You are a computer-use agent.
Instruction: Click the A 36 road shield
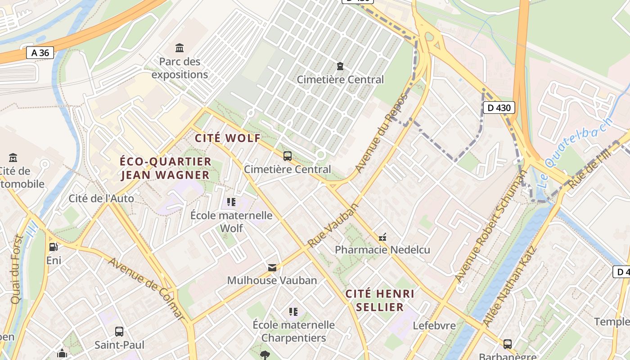[40, 53]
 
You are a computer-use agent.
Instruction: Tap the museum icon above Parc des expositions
[180, 48]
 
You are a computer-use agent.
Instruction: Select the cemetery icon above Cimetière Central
[340, 66]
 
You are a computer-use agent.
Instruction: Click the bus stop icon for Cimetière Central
[288, 156]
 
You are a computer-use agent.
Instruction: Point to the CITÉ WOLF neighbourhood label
[228, 138]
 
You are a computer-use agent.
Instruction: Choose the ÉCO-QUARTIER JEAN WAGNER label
[166, 168]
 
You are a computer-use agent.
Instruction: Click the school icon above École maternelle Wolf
[231, 202]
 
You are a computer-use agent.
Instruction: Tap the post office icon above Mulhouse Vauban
[272, 268]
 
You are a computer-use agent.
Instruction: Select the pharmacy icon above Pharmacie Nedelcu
[383, 237]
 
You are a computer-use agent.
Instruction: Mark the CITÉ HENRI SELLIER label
[380, 301]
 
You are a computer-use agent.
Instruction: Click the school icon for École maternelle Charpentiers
[293, 311]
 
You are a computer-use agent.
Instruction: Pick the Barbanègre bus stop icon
[508, 344]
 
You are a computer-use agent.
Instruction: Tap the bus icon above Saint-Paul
[119, 332]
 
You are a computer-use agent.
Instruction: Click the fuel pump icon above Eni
[54, 247]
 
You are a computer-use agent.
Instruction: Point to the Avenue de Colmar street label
[146, 288]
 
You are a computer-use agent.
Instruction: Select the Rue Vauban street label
[333, 225]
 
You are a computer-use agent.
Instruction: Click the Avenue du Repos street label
[381, 133]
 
